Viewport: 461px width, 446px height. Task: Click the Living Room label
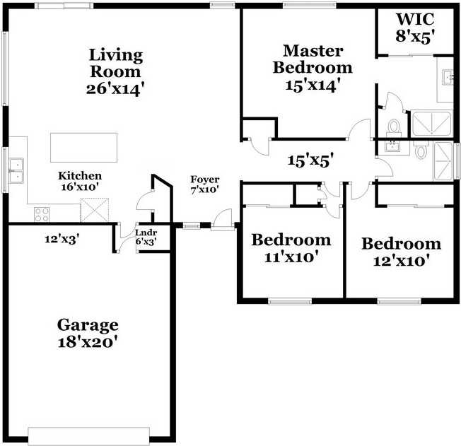(115, 63)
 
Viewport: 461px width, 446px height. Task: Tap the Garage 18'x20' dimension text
(88, 342)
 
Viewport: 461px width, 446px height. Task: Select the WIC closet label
(415, 19)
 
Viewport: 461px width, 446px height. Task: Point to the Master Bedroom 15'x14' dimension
(313, 85)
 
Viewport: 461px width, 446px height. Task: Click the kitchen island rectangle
(84, 148)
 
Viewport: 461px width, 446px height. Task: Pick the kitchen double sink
(16, 171)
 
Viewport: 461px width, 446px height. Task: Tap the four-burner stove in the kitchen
(42, 214)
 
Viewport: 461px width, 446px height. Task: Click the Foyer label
(204, 180)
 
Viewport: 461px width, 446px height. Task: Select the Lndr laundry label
(146, 233)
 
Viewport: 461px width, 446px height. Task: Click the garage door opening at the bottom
(89, 436)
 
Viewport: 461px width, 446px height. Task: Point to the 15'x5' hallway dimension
(311, 160)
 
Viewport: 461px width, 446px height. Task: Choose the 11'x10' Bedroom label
(291, 240)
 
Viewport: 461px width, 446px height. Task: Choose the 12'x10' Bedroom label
(402, 244)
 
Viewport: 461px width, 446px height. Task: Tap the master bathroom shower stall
(431, 124)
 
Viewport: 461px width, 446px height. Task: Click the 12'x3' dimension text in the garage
(62, 239)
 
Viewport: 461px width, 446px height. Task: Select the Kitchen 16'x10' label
(80, 181)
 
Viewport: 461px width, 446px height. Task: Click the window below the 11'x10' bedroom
(290, 301)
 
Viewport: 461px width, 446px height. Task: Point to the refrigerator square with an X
(95, 210)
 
